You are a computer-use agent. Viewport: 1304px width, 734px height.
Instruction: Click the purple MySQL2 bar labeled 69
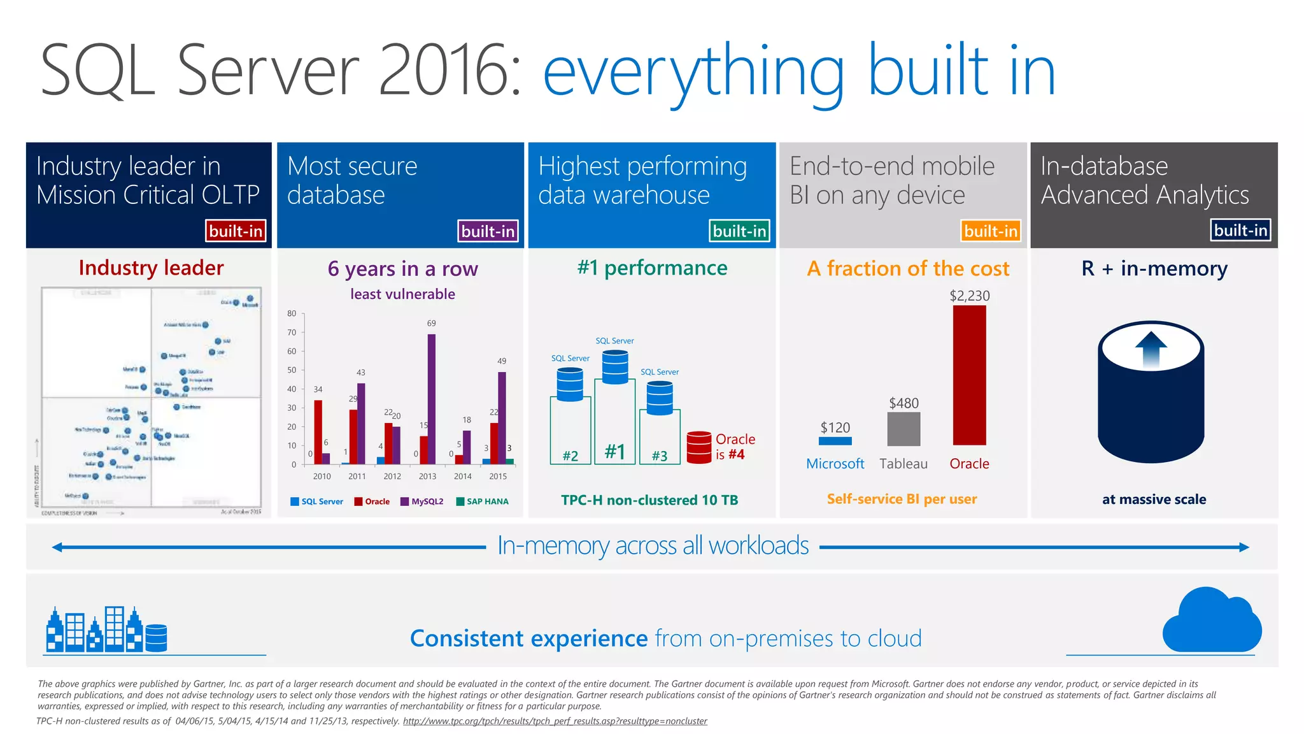pyautogui.click(x=431, y=399)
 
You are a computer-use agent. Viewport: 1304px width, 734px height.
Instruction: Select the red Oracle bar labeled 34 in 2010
pyautogui.click(x=318, y=432)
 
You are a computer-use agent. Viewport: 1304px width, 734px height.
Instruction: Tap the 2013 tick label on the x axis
pyautogui.click(x=427, y=476)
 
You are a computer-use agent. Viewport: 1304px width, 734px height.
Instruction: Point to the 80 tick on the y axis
pyautogui.click(x=292, y=313)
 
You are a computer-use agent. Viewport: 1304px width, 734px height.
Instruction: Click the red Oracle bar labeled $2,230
pyautogui.click(x=969, y=375)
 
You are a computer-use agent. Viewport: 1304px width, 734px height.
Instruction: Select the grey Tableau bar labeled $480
pyautogui.click(x=904, y=429)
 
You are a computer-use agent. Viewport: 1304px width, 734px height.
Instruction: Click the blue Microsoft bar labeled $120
pyautogui.click(x=835, y=441)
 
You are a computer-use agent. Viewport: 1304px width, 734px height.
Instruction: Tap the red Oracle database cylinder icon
pyautogui.click(x=698, y=447)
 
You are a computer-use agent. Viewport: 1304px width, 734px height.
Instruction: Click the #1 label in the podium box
pyautogui.click(x=614, y=452)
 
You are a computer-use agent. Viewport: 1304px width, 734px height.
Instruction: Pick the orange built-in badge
pyautogui.click(x=990, y=231)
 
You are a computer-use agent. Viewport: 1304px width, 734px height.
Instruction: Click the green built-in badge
pyautogui.click(x=739, y=231)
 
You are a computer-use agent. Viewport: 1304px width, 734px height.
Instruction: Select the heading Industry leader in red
pyautogui.click(x=151, y=268)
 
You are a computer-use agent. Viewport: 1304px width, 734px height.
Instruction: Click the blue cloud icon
pyautogui.click(x=1211, y=621)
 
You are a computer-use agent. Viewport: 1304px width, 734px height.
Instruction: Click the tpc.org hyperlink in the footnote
pyautogui.click(x=555, y=721)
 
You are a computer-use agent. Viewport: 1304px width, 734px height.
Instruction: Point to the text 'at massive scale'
pyautogui.click(x=1154, y=500)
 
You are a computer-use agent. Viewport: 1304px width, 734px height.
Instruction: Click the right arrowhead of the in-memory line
pyautogui.click(x=1244, y=547)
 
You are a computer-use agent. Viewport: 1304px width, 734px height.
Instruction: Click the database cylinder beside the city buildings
pyautogui.click(x=156, y=638)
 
